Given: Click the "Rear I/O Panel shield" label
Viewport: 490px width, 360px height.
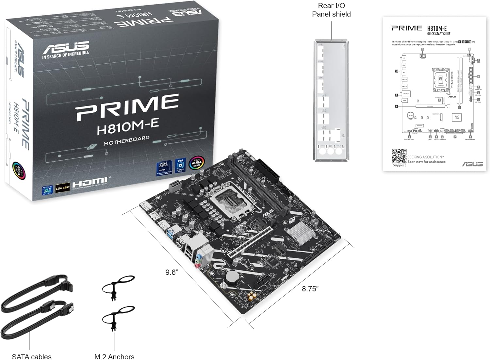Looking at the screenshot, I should (x=331, y=10).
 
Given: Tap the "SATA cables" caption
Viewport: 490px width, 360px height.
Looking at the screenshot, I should (x=32, y=356).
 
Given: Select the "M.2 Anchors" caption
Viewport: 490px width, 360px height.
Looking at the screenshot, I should (x=114, y=356).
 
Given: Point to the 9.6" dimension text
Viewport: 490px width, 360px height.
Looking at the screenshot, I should (x=171, y=272).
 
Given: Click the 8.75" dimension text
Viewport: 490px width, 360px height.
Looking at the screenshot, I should (x=310, y=288).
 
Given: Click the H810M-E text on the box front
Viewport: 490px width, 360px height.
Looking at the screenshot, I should (x=128, y=125).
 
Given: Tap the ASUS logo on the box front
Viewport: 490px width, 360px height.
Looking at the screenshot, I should (x=66, y=48).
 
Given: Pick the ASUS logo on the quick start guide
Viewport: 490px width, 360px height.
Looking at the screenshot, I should (x=472, y=164).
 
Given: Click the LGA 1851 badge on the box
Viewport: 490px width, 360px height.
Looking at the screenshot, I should (x=62, y=188).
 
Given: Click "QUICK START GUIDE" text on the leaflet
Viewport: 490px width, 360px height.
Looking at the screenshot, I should (x=439, y=34).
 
